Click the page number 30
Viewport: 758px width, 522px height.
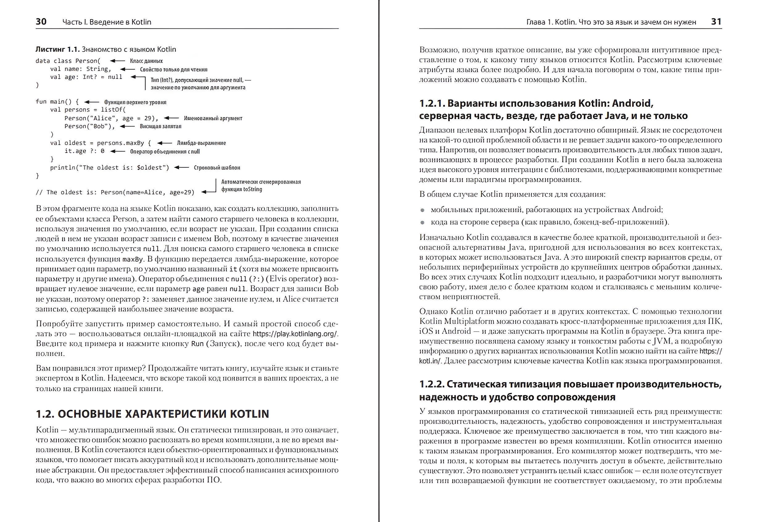tap(41, 22)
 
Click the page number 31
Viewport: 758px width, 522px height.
tap(716, 22)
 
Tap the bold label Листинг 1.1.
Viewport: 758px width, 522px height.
tap(57, 49)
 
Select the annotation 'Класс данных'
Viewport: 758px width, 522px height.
tap(146, 61)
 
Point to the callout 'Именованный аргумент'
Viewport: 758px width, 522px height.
tap(213, 118)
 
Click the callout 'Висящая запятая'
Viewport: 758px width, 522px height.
tap(160, 126)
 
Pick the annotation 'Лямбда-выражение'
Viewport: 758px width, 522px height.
tap(201, 143)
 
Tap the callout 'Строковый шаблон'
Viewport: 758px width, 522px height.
tap(217, 168)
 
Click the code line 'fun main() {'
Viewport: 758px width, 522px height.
tap(57, 102)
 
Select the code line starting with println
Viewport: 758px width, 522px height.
tap(109, 168)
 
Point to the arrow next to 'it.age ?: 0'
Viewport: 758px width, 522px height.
tap(118, 151)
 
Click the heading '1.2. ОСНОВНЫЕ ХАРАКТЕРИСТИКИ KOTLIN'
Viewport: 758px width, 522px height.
tap(152, 414)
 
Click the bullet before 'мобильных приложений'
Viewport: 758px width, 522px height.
tap(422, 210)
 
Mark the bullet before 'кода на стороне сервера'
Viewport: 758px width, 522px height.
tap(422, 222)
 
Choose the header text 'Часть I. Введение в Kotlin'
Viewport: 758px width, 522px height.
tap(107, 22)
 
